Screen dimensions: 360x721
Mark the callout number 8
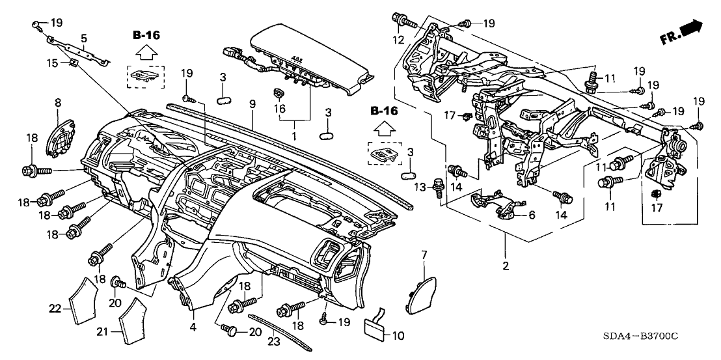coord(57,102)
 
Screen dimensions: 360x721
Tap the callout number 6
coord(531,215)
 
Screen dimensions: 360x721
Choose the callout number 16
coord(282,109)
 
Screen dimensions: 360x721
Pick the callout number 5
coord(84,38)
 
